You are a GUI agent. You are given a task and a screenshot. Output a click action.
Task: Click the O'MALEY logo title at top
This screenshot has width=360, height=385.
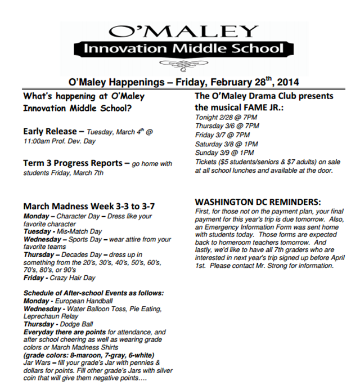click(183, 31)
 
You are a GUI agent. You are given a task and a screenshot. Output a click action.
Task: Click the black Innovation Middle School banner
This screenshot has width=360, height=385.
click(183, 49)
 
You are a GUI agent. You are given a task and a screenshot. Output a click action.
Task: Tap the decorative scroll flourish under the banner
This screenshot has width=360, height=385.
click(183, 64)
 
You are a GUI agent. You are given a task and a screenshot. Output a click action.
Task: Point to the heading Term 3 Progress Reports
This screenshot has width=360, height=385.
click(73, 163)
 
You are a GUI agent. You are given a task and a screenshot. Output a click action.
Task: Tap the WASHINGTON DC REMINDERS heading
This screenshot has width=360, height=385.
click(258, 201)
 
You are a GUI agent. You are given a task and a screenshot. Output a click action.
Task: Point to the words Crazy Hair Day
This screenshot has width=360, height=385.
click(73, 278)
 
